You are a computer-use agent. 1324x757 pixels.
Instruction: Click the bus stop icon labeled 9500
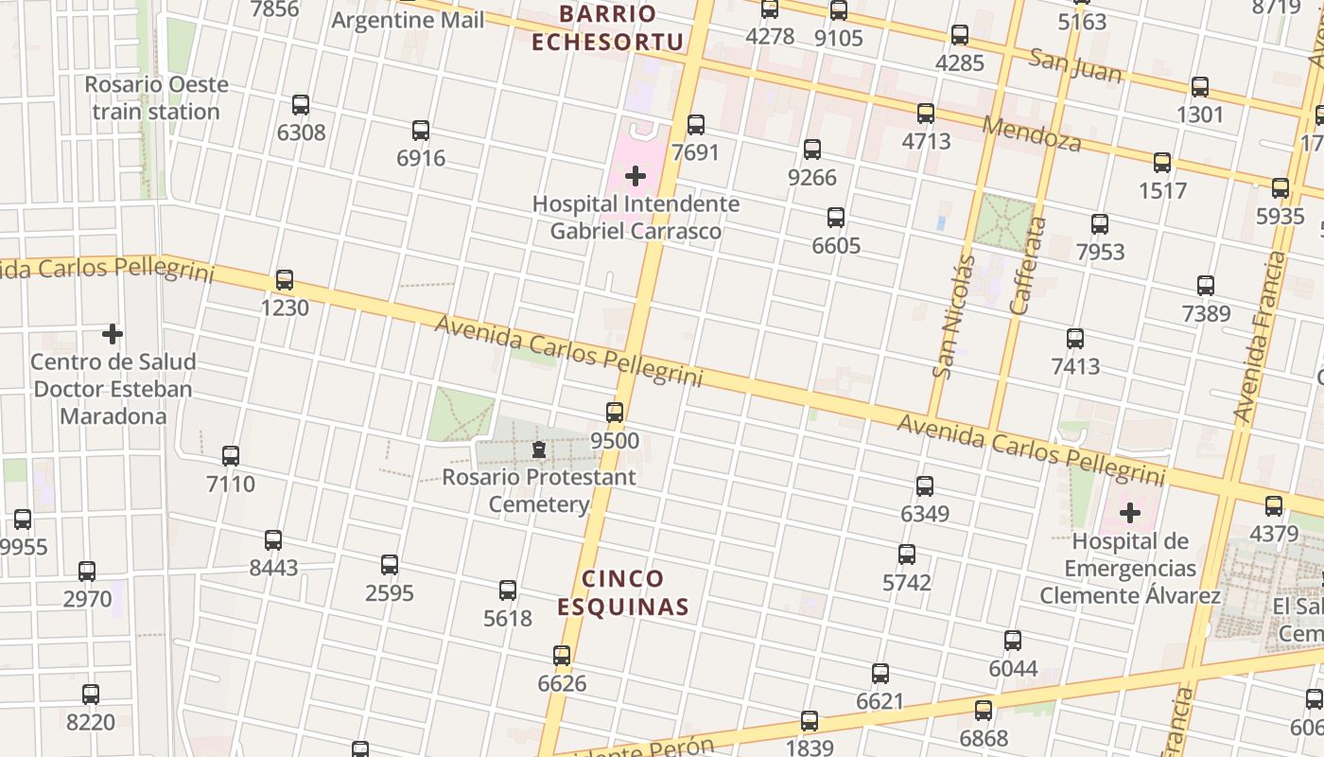[615, 413]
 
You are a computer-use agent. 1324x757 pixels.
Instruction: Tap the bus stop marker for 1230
[285, 280]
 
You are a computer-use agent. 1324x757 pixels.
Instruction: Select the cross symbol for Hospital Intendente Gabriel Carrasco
[636, 176]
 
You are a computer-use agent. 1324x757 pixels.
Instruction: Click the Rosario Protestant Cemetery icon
[539, 449]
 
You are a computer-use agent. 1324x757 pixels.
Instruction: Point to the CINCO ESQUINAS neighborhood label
[623, 592]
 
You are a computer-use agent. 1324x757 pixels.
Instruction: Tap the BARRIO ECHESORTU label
[607, 27]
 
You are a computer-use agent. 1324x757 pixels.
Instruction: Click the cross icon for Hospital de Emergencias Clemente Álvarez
[1130, 514]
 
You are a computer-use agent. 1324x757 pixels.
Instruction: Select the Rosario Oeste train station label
[156, 97]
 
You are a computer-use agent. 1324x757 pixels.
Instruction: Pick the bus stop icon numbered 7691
[696, 124]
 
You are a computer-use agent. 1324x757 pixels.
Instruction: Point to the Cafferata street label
[1029, 265]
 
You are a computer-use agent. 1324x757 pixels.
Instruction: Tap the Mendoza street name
[1032, 133]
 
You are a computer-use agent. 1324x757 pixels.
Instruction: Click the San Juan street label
[1075, 65]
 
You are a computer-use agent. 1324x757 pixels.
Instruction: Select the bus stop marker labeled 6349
[925, 486]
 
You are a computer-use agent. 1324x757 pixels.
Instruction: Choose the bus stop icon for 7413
[1075, 339]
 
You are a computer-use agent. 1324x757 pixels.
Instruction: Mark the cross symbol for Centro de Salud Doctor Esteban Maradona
[113, 334]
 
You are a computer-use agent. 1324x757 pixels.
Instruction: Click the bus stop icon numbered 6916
[421, 131]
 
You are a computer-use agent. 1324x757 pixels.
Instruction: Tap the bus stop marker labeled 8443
[273, 540]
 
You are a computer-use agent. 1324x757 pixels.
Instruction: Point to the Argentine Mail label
[408, 20]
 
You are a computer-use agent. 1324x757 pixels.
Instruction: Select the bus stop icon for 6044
[1013, 641]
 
